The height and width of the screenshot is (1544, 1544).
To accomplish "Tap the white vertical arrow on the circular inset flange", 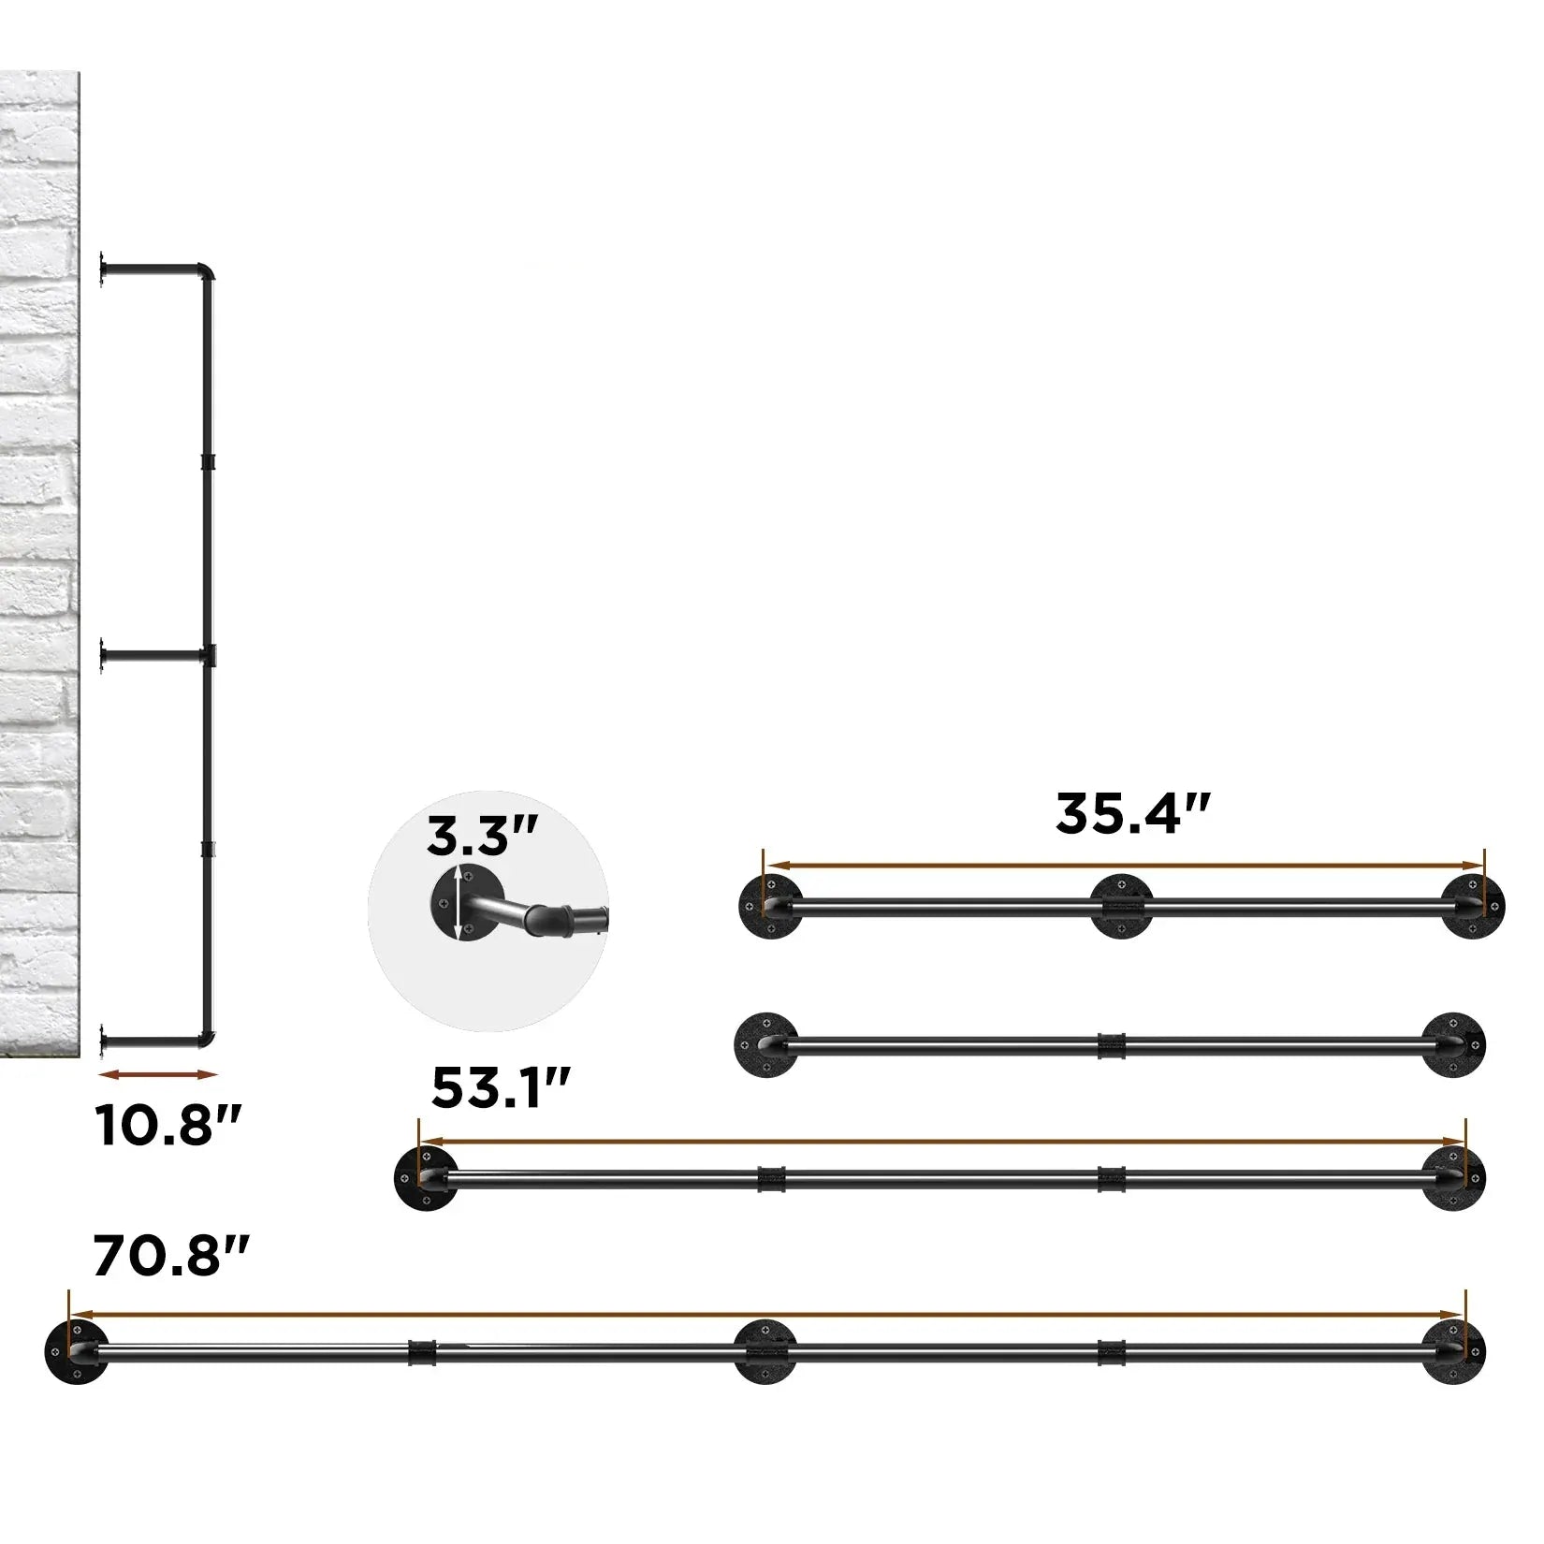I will tap(458, 903).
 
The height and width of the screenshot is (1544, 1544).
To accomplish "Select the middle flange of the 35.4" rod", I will tap(1120, 905).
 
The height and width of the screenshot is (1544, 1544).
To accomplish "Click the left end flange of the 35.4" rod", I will tap(769, 907).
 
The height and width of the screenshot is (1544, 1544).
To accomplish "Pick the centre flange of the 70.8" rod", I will tap(765, 1351).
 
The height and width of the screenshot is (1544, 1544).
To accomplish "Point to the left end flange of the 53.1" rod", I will tap(427, 1175).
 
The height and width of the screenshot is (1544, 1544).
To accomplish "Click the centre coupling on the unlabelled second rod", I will tap(1110, 1045).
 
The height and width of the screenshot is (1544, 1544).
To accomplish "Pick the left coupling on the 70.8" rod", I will tap(423, 1350).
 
